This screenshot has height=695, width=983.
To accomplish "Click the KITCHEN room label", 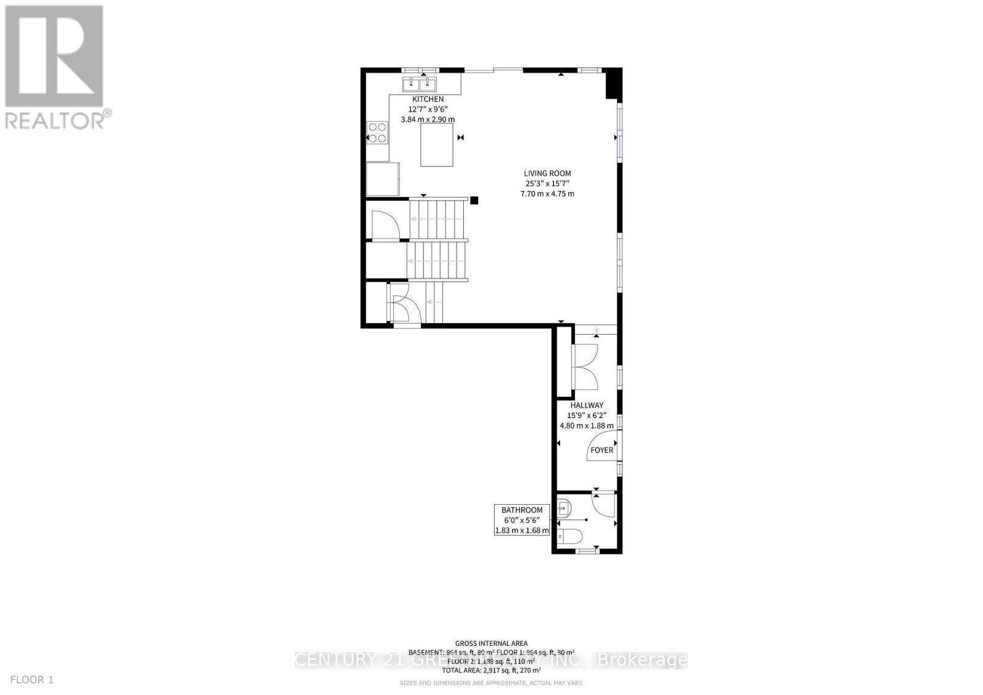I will (428, 99).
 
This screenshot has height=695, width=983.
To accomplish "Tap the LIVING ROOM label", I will (547, 173).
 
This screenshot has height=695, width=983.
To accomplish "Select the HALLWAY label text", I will (587, 405).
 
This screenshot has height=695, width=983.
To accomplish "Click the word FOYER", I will (601, 450).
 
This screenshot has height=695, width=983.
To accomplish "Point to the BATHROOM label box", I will (522, 520).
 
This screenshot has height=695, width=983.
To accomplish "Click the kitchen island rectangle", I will (437, 145).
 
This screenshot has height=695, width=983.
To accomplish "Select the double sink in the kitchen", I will (420, 84).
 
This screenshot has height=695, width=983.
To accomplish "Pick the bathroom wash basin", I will (565, 508).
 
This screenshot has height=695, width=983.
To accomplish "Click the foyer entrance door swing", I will (605, 444).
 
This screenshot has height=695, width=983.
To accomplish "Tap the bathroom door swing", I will (603, 505).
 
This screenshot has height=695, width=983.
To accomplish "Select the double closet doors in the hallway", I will (585, 367).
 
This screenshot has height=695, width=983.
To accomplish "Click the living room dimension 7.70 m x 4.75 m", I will (547, 194).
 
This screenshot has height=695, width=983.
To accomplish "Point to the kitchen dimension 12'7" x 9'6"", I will (428, 109).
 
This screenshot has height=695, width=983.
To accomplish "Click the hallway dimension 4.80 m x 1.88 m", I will (587, 425).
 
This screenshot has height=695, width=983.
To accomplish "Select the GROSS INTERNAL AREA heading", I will (491, 643).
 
